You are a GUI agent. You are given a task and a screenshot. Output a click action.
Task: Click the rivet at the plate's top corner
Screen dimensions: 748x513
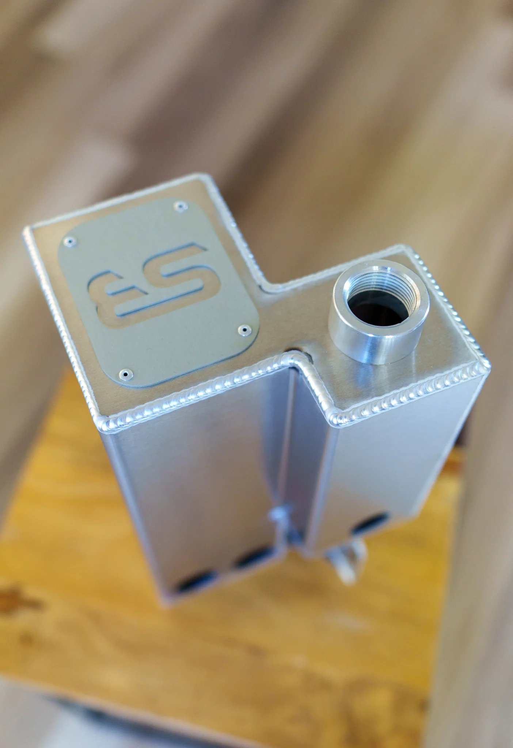point(179,206)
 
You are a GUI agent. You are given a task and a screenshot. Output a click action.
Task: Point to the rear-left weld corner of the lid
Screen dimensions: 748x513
point(27,231)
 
